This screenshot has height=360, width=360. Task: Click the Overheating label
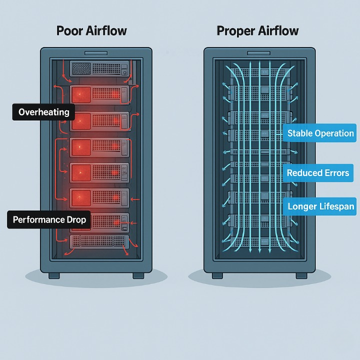44,112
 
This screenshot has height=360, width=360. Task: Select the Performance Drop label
49,219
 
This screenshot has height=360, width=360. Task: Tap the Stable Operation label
320,133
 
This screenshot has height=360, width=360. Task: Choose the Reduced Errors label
318,173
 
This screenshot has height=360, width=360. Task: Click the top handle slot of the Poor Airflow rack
95,52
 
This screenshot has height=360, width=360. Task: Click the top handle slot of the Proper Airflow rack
259,52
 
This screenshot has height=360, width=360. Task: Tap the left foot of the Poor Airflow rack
54,275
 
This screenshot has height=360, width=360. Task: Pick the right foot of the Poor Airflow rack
138,275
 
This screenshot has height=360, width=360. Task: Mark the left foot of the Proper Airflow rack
218,275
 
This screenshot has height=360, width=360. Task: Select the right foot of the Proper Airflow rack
301,275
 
